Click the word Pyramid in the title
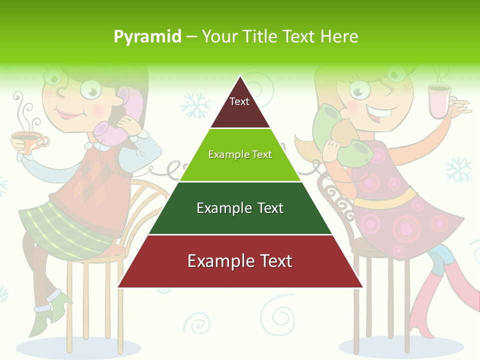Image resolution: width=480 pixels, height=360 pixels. pos(147,37)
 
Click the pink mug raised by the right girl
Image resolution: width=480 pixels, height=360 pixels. pos(439,102)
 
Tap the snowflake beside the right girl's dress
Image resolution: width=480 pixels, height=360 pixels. pos(458,170)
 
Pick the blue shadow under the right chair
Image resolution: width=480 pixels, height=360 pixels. pos(400,346)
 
